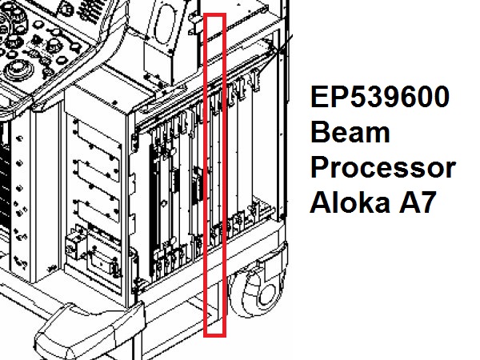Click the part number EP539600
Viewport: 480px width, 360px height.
click(x=380, y=97)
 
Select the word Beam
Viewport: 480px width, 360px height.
click(x=350, y=132)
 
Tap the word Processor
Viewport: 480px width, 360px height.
click(x=383, y=168)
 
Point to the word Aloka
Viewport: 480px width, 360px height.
click(x=350, y=202)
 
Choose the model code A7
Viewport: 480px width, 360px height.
click(x=418, y=202)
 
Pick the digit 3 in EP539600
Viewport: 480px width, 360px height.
click(x=373, y=97)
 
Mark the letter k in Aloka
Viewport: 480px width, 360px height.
click(x=363, y=202)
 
